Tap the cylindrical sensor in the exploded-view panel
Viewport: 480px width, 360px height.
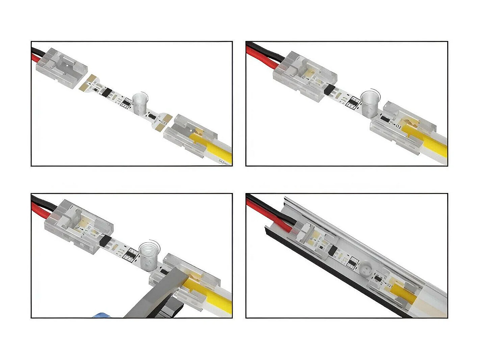[x=138, y=103]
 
